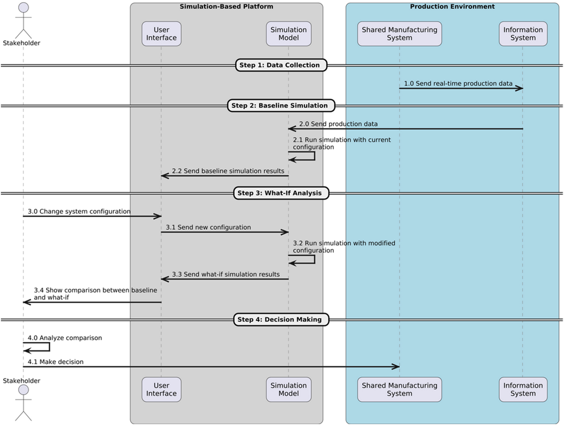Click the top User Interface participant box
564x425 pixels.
161,34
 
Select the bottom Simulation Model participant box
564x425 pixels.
288,389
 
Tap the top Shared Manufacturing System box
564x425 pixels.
399,34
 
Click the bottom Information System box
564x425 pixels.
523,389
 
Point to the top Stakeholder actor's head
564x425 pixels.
23,8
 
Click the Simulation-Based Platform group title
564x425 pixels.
226,6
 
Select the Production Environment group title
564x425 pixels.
452,6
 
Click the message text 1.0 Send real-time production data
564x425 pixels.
458,83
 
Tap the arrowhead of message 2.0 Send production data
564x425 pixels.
292,129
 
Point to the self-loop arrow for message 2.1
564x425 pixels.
314,156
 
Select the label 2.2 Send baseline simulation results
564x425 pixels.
228,171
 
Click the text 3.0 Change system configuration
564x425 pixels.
79,211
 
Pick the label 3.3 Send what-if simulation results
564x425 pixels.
225,274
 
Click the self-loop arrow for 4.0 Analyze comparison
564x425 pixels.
49,347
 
